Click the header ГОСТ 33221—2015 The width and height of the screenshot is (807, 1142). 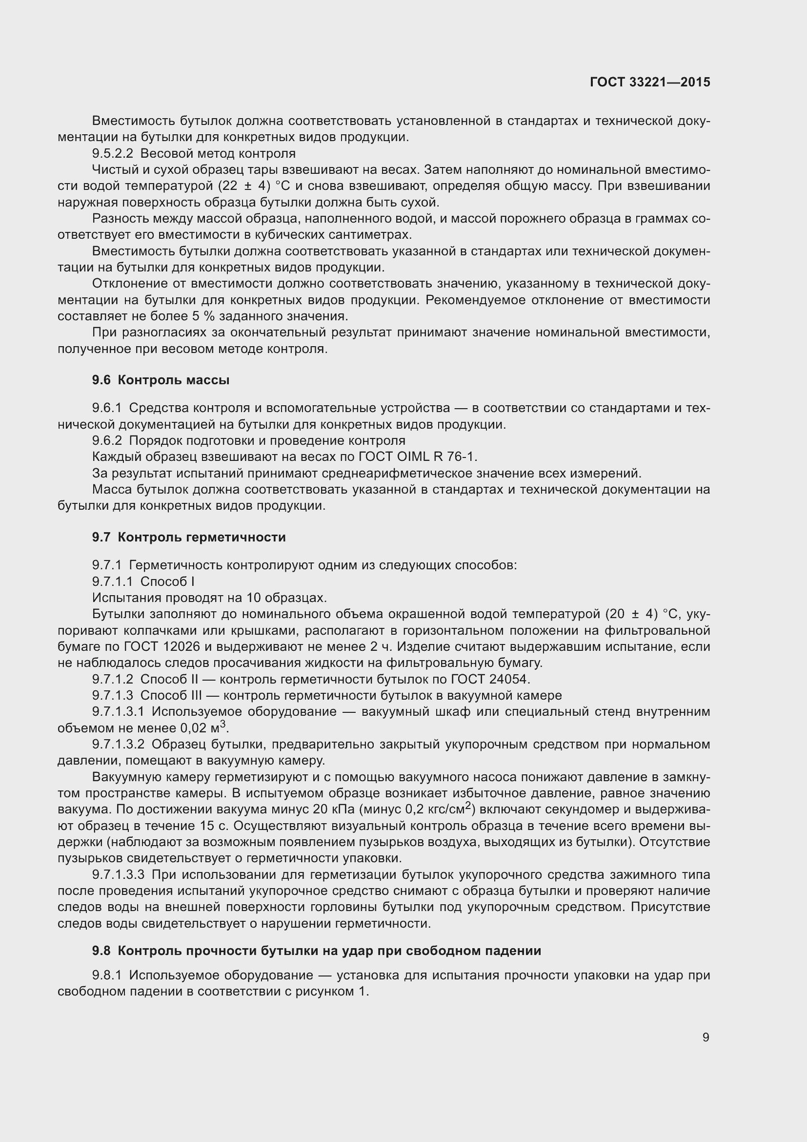pyautogui.click(x=649, y=82)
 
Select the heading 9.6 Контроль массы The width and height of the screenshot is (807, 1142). pyautogui.click(x=161, y=380)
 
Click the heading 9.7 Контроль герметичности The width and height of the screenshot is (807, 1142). pyautogui.click(x=189, y=537)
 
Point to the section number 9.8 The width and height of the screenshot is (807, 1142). pyautogui.click(x=101, y=951)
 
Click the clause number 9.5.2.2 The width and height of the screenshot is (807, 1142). pyautogui.click(x=112, y=154)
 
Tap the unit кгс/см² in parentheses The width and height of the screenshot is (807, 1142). pyautogui.click(x=447, y=809)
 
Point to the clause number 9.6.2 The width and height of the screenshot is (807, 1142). pyautogui.click(x=107, y=441)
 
